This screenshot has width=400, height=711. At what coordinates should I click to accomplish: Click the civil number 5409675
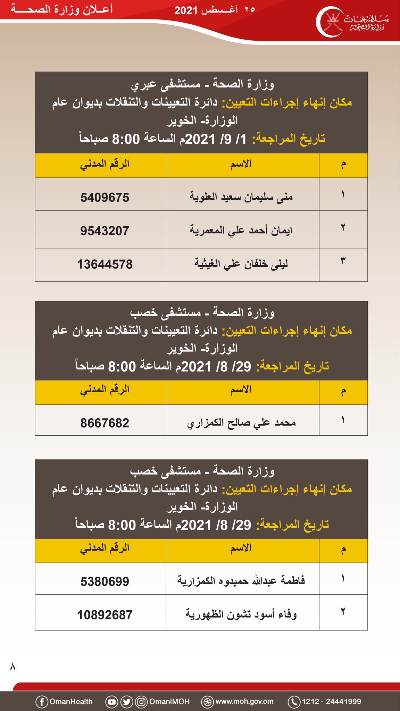click(105, 198)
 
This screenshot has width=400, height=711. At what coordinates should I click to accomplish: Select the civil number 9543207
click(105, 231)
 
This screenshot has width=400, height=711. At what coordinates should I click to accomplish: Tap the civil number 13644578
click(105, 265)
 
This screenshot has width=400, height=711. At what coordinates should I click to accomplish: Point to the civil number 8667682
click(105, 423)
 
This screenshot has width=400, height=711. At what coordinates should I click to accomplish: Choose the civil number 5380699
click(105, 582)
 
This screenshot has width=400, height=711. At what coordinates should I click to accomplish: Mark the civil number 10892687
click(105, 615)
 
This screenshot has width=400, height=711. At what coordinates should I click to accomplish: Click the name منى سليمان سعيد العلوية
click(241, 197)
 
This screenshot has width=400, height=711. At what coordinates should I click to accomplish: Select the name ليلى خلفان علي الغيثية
click(241, 264)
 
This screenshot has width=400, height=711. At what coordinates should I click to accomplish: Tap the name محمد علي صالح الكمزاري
click(241, 423)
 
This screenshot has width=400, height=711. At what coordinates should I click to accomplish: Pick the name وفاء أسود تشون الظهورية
click(241, 614)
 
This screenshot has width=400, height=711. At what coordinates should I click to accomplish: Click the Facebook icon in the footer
click(42, 702)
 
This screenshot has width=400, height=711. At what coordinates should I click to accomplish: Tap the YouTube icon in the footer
click(112, 702)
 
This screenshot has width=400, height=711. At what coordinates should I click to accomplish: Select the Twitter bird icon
click(127, 702)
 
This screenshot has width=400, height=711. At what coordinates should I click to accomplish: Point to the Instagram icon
click(141, 702)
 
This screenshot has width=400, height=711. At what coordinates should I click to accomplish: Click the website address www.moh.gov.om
click(244, 702)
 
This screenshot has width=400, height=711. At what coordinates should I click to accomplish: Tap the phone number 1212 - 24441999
click(331, 702)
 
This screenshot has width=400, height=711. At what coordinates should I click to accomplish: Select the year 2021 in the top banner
click(186, 10)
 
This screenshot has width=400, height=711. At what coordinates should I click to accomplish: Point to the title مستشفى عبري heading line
click(202, 84)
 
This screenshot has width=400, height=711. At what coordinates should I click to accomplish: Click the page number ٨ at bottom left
click(13, 667)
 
